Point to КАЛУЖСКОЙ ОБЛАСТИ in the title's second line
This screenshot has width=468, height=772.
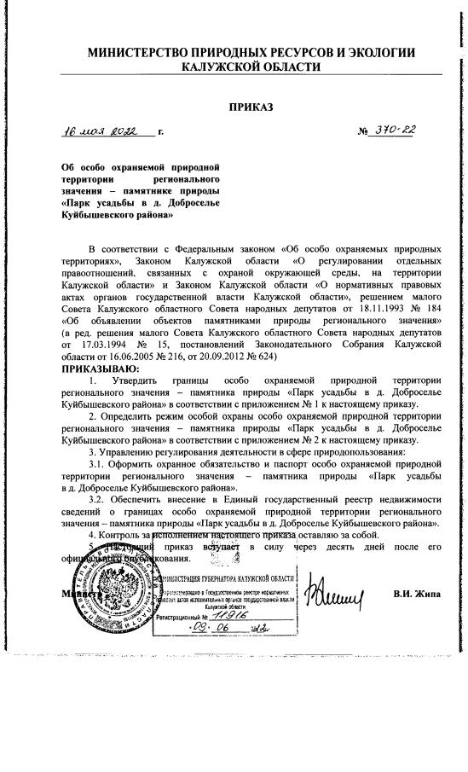pos(251,68)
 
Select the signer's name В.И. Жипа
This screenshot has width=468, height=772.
pos(417,593)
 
